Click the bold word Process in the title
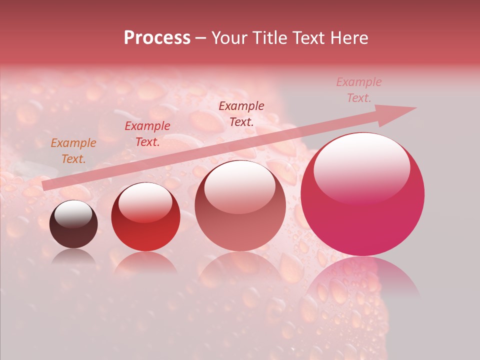157,38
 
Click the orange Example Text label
73,151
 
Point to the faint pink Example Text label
358,90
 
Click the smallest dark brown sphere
73,224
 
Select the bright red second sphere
145,217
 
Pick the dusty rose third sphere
240,206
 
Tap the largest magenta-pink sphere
362,194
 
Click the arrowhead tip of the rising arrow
415,108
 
